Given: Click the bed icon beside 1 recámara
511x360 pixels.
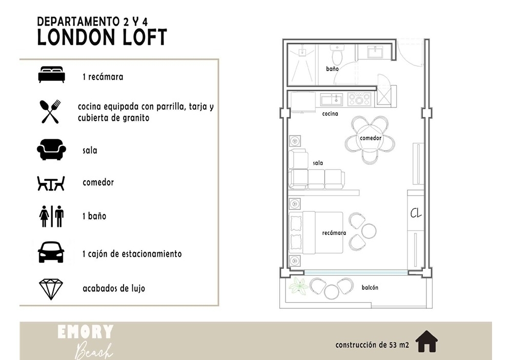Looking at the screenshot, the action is pyautogui.click(x=51, y=75).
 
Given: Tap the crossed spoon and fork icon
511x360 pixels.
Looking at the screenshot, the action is pyautogui.click(x=50, y=111).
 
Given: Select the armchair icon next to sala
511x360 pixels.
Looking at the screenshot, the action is pyautogui.click(x=51, y=150).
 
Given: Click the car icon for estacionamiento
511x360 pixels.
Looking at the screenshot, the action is pyautogui.click(x=51, y=252).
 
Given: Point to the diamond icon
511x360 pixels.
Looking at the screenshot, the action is pyautogui.click(x=51, y=289).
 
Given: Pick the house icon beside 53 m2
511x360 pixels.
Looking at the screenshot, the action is pyautogui.click(x=426, y=341).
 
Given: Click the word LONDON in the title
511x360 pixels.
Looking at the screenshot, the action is pyautogui.click(x=77, y=37).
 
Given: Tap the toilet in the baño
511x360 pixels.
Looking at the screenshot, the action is pyautogui.click(x=336, y=55).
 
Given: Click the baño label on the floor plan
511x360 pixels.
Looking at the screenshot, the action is pyautogui.click(x=332, y=69).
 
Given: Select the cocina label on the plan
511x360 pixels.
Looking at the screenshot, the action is pyautogui.click(x=330, y=114).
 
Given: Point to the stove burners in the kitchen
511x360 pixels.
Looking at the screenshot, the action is pyautogui.click(x=359, y=99).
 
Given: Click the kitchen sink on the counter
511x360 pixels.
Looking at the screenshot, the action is pyautogui.click(x=332, y=99).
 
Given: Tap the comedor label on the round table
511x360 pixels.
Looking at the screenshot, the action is pyautogui.click(x=371, y=138).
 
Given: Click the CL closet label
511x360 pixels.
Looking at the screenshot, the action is pyautogui.click(x=416, y=213).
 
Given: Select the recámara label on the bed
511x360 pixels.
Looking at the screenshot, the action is pyautogui.click(x=334, y=232).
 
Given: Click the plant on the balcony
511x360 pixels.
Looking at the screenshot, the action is pyautogui.click(x=298, y=285).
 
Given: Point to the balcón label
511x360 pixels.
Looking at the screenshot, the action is pyautogui.click(x=370, y=287).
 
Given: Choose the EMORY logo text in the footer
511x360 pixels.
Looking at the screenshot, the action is pyautogui.click(x=86, y=332).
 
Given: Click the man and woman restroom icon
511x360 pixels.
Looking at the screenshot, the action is pyautogui.click(x=51, y=216).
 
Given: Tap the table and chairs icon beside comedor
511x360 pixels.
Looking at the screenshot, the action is pyautogui.click(x=51, y=183).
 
